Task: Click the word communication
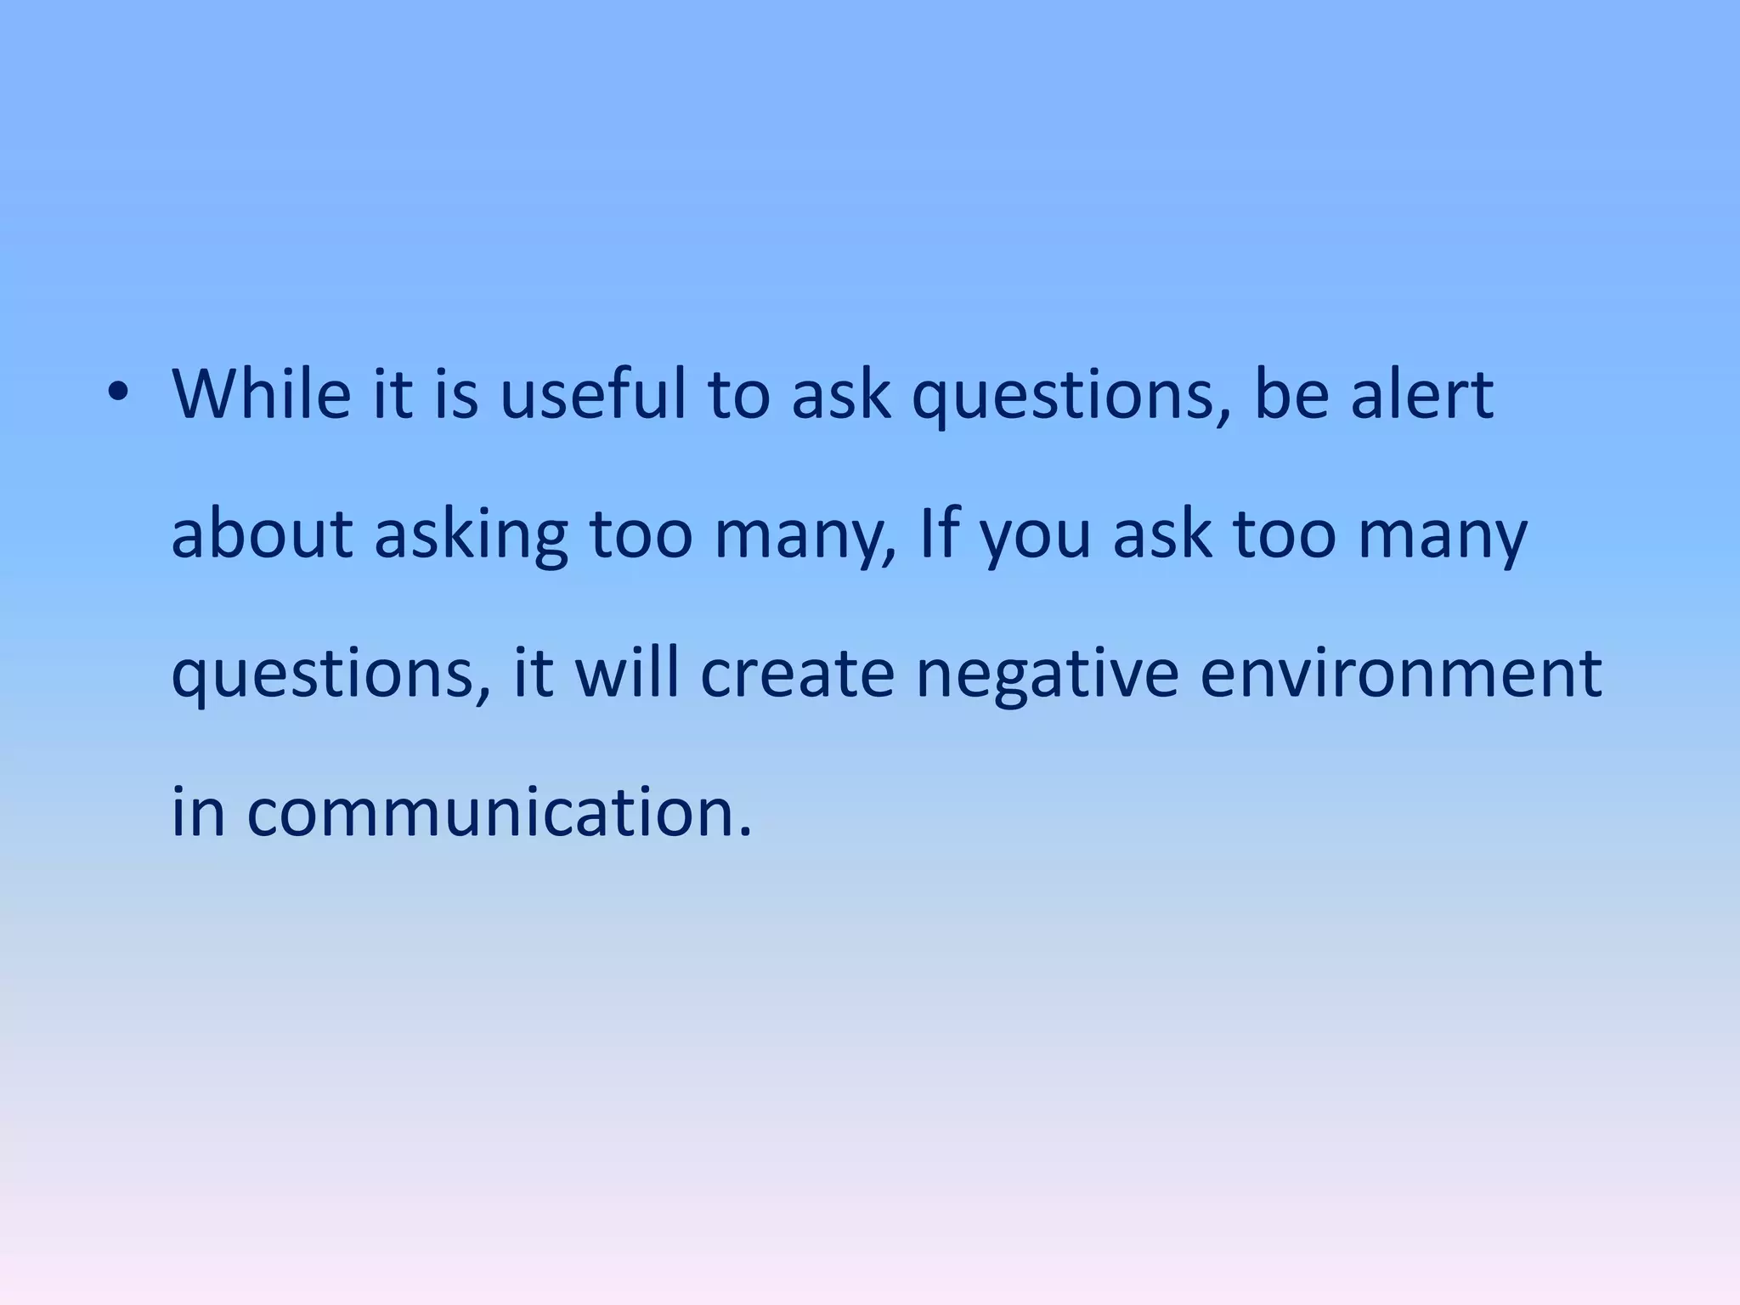pos(499,811)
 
